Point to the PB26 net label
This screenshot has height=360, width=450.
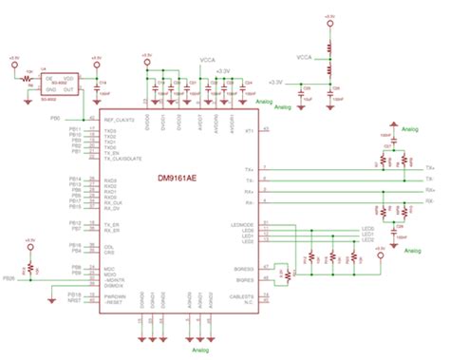(9, 278)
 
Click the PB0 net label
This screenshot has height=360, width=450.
(82, 119)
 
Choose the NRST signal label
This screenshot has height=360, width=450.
(75, 301)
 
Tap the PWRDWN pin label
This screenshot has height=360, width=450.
(116, 295)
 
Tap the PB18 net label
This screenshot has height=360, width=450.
(75, 295)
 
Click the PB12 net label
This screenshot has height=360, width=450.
(75, 223)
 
